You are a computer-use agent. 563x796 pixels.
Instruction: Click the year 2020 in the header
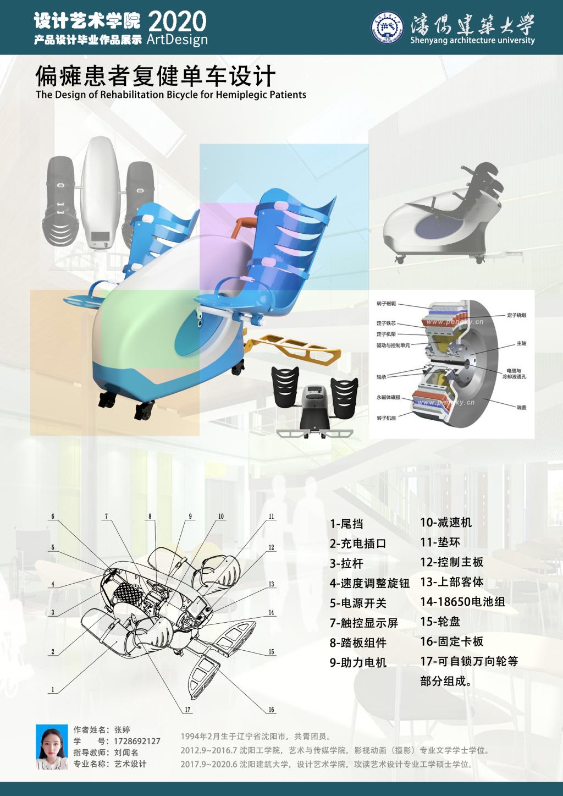point(177,22)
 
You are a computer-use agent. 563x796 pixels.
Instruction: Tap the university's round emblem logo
point(390,28)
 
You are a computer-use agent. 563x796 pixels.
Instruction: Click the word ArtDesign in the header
point(177,40)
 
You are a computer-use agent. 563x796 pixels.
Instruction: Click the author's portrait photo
point(52,746)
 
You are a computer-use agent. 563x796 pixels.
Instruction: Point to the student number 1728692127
point(137,741)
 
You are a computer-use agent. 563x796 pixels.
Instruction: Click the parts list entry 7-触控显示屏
point(363,623)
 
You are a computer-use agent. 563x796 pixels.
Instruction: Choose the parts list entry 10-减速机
point(446,523)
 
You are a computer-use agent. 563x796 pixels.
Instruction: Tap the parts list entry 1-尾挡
point(346,524)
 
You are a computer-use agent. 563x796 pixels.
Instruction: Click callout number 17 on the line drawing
point(187,710)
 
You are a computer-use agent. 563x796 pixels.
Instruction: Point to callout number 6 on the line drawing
point(53,517)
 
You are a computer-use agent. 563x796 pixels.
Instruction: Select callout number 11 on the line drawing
point(272,517)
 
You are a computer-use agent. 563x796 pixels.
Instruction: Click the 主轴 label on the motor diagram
point(521,343)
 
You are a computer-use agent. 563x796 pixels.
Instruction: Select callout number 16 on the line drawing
point(272,710)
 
